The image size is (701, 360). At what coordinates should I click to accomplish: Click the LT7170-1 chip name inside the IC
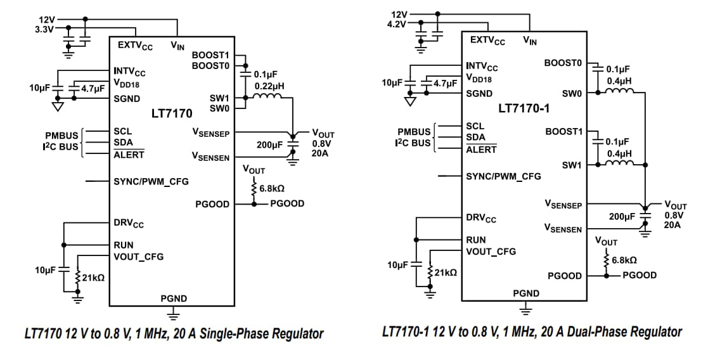click(x=524, y=108)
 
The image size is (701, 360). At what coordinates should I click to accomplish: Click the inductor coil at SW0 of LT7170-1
click(x=619, y=93)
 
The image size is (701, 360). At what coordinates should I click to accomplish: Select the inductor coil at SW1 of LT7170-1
click(x=619, y=164)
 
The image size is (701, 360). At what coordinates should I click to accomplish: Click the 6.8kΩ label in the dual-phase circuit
click(x=624, y=260)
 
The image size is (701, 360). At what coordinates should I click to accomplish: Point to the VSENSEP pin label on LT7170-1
click(x=563, y=205)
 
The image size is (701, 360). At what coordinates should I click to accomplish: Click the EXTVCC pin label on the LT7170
click(x=135, y=46)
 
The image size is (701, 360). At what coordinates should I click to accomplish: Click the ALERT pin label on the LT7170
click(x=129, y=155)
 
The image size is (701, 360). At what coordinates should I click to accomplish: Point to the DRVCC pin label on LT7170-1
click(x=481, y=219)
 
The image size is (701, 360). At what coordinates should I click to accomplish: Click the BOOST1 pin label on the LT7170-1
click(x=563, y=131)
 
